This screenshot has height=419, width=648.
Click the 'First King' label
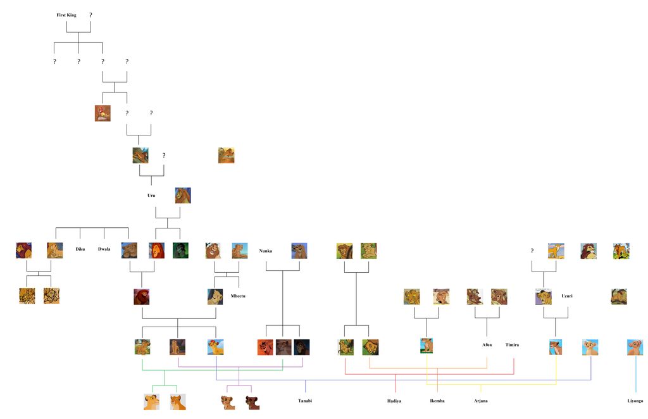point(66,15)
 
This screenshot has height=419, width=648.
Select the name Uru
point(151,196)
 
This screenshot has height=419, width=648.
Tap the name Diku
point(80,249)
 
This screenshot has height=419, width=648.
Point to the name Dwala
point(104,249)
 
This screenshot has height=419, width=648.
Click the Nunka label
point(266,251)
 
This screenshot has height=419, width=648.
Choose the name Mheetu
point(238,296)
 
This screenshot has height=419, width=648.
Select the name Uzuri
point(567,296)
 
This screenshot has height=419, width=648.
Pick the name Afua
point(487,345)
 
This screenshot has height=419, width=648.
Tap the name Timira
point(512,345)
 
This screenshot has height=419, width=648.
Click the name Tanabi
point(305,401)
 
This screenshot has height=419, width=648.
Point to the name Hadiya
point(394,401)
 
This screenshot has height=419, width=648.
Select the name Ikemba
point(437,401)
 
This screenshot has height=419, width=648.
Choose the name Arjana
point(480,401)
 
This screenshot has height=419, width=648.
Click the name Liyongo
point(635,401)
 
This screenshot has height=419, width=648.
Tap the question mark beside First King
point(90,15)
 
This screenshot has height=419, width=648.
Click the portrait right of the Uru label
point(183,195)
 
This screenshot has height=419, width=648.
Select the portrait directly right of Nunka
point(299,251)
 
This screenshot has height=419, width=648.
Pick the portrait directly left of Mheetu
point(215,296)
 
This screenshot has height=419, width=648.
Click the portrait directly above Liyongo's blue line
point(635,347)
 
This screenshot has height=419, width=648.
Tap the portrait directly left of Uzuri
point(543,296)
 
